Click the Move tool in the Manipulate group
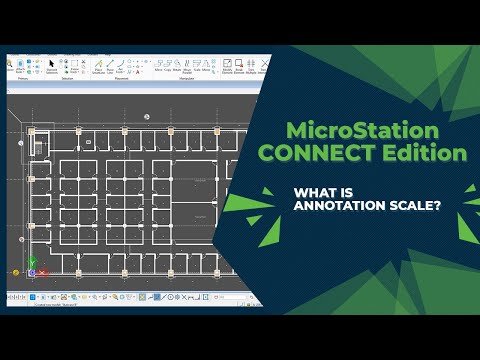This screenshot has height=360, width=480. (159, 66)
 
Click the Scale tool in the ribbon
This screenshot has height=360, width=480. (199, 66)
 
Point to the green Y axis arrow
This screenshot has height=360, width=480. (30, 263)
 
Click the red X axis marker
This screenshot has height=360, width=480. (40, 272)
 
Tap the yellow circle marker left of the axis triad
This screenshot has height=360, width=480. (16, 271)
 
